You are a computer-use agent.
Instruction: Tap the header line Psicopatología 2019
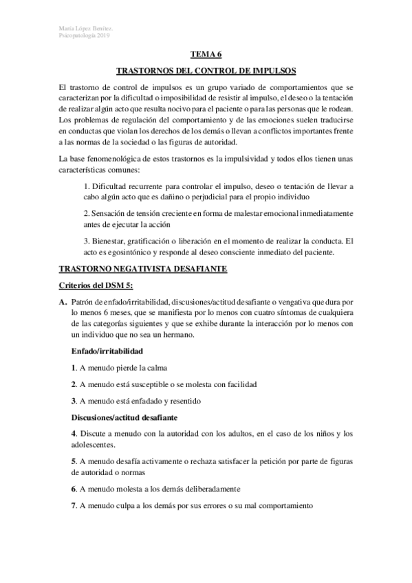pos(85,36)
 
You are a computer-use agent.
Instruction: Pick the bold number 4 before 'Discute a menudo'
pos(74,434)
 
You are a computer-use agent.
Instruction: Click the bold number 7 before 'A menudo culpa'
pos(74,505)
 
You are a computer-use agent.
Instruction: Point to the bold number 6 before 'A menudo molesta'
pos(74,489)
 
